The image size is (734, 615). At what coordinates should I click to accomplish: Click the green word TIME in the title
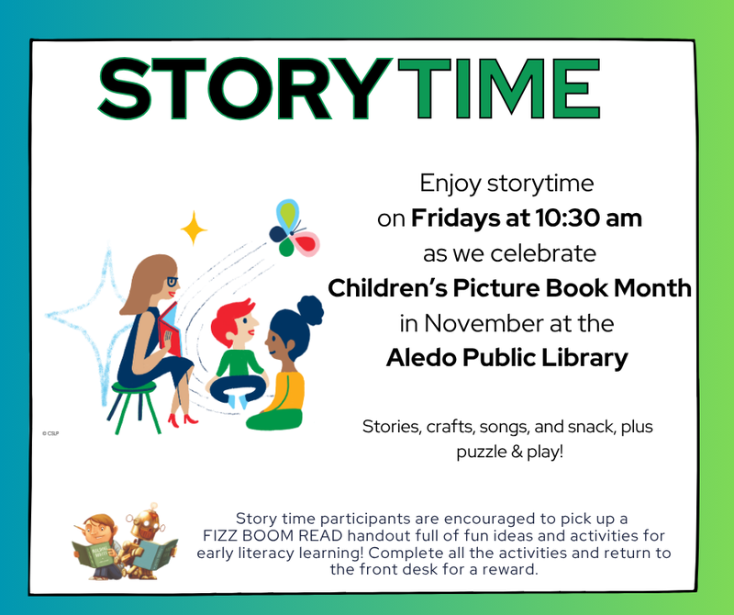point(500,88)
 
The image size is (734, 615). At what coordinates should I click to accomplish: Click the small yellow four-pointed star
point(194,228)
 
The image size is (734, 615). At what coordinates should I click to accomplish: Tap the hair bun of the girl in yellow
point(310,309)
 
